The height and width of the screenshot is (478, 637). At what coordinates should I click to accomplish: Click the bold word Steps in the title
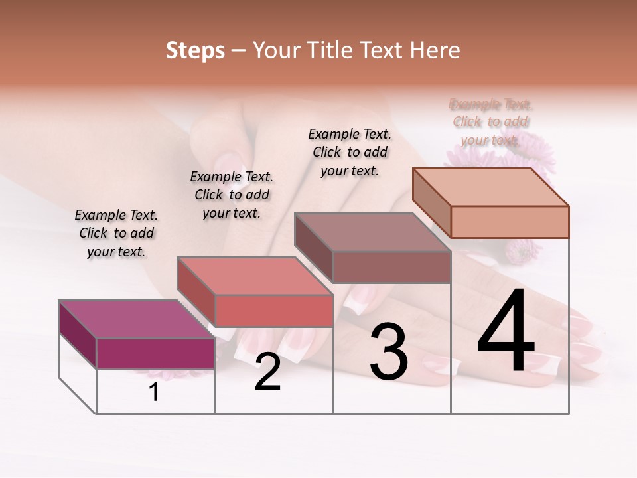pos(195,50)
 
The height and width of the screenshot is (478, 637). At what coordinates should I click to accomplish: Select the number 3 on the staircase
pos(389,352)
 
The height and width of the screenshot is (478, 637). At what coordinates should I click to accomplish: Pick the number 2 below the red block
pos(268,372)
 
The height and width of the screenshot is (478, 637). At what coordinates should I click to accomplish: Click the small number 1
pos(154,392)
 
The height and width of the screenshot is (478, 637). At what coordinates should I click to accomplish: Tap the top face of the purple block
pos(135,319)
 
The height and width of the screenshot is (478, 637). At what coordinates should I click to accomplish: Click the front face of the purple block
pos(155,353)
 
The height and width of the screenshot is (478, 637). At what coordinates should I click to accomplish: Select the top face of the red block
pos(253,276)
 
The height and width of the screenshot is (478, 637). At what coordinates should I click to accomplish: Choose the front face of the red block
pos(273,311)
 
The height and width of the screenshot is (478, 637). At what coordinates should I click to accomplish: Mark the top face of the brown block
pos(372,232)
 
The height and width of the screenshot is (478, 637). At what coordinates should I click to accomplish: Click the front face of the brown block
pos(391,267)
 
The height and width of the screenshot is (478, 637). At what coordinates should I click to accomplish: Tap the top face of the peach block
pos(490,187)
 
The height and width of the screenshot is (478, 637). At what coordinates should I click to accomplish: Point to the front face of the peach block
pos(510,222)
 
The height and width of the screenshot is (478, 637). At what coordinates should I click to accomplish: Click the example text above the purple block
pos(116,233)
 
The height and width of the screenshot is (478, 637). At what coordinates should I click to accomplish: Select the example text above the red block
pos(232,195)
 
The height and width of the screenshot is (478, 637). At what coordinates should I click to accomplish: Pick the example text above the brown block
pos(350,152)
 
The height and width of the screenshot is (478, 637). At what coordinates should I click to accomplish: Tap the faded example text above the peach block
pos(491,122)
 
